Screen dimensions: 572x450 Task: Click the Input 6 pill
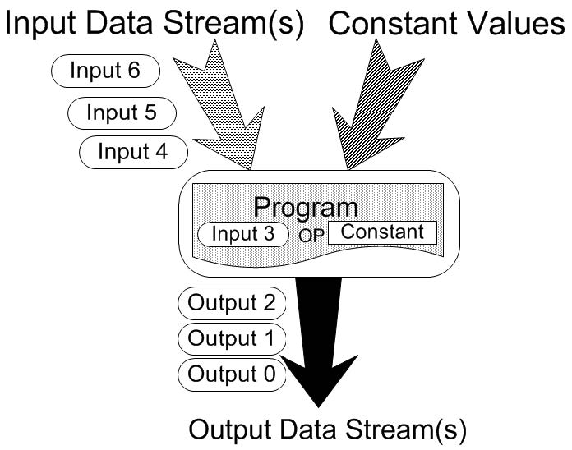click(105, 71)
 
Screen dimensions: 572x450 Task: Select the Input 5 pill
click(122, 113)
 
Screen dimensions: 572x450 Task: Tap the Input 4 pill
click(133, 152)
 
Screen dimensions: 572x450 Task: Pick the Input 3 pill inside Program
click(243, 234)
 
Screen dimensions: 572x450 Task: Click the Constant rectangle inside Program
click(383, 233)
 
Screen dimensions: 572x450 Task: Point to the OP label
click(311, 236)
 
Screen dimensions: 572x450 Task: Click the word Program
click(306, 208)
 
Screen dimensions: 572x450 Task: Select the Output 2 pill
click(232, 304)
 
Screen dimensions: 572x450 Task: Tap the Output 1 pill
click(232, 339)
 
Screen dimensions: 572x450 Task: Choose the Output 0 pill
click(232, 374)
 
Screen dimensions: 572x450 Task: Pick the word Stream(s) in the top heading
click(233, 25)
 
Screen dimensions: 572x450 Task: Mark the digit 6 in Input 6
click(134, 70)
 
